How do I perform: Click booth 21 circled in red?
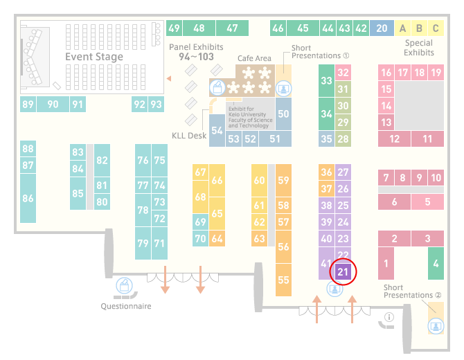coord(343,271)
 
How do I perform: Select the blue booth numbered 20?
coord(382,28)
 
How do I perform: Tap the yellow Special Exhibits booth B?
coord(419,28)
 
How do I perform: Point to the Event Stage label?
coord(94,57)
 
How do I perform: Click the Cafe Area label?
coord(254,58)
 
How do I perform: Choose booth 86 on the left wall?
coord(28,198)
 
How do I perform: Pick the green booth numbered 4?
coord(436,263)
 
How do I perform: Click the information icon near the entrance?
coord(389,317)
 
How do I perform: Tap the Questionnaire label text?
coord(126,306)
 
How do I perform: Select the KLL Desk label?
coord(189,136)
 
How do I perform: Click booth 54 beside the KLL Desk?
coord(217,130)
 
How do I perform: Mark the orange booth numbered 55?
coord(283,280)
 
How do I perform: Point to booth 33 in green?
coord(326,80)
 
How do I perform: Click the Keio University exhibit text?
coord(250,117)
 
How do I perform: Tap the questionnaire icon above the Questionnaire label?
coord(124,285)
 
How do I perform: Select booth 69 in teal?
coord(200,222)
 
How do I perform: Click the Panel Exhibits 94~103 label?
coord(196,52)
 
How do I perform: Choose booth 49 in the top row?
coord(174,28)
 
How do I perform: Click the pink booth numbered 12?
coord(394,138)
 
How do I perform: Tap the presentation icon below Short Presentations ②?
coord(436,326)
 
